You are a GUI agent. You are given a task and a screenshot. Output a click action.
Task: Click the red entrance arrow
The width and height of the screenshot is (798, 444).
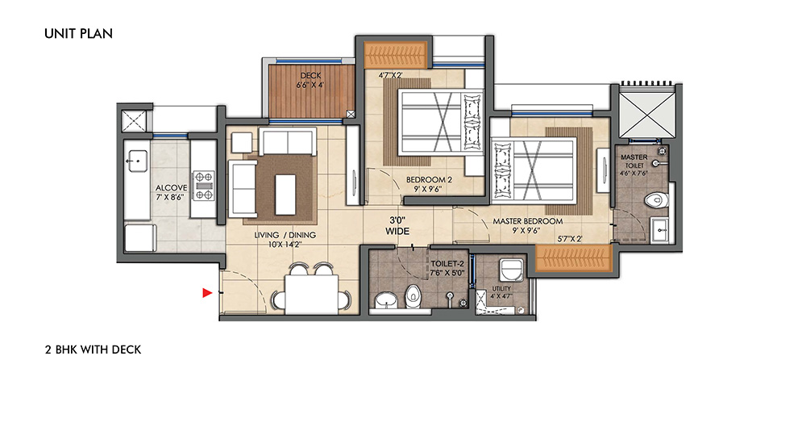[x=207, y=292]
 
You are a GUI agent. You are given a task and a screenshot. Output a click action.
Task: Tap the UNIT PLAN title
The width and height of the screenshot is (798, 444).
[x=78, y=34]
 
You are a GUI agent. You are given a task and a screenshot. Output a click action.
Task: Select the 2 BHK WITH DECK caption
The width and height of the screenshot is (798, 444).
[x=94, y=350]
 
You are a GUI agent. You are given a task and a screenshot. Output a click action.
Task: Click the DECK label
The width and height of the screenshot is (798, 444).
[x=310, y=75]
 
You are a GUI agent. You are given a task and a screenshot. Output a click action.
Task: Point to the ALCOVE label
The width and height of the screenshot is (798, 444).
[x=171, y=187]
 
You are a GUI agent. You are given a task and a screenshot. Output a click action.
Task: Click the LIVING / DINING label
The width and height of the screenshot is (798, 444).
[x=285, y=235]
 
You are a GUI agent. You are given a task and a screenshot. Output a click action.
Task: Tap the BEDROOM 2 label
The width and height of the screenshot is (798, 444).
[x=429, y=179]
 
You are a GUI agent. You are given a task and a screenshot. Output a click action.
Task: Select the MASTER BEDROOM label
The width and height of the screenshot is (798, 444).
[x=528, y=221]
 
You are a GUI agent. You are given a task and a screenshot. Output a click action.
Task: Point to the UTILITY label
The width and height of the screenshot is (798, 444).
[x=501, y=288]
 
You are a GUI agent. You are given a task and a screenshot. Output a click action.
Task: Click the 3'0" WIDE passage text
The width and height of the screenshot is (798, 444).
[x=397, y=226]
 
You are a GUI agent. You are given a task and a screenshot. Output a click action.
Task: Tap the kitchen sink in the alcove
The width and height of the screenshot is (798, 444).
[x=136, y=161]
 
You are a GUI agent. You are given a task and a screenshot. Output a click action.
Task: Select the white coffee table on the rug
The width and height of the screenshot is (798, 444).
[x=285, y=195]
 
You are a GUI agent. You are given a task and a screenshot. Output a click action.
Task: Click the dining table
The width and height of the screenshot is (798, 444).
[x=311, y=294]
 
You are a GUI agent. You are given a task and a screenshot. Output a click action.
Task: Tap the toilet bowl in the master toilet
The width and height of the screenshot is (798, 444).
[x=656, y=199]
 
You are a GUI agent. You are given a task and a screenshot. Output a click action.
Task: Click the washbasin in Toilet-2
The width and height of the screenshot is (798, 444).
[x=388, y=301]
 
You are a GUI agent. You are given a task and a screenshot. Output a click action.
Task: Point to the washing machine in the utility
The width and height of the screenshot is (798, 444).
[x=512, y=270]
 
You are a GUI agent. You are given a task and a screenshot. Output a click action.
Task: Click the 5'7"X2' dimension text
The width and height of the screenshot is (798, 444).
[x=570, y=239]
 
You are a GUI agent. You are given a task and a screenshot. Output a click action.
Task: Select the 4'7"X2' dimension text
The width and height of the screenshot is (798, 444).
[x=390, y=75]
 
